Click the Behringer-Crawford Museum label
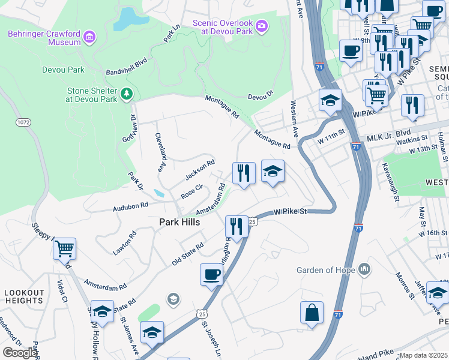point(44,38)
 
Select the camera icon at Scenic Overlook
point(261,26)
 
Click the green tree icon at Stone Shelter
point(127,94)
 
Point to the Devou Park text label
point(63,70)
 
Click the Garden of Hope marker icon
point(364,269)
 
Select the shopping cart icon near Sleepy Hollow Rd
point(64,248)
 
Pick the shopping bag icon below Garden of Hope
point(312,312)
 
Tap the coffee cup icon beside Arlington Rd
point(211,274)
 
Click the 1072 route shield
point(23,122)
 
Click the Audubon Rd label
point(131,206)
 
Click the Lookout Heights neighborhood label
point(24,296)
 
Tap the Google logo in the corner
point(20,353)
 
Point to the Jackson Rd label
point(200,170)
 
